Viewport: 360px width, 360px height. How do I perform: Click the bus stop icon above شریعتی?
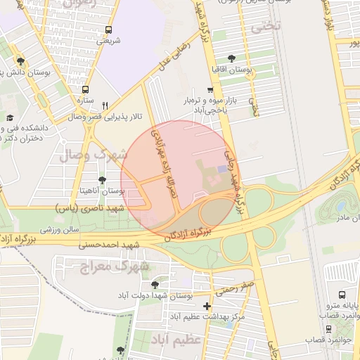click(x=108, y=30)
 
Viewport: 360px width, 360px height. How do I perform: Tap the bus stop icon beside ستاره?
click(x=86, y=90)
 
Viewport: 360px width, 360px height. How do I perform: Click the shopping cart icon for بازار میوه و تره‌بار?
click(x=210, y=90)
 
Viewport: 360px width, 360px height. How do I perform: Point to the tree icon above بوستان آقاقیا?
click(x=232, y=58)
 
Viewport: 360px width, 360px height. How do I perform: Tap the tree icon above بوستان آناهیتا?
click(x=103, y=180)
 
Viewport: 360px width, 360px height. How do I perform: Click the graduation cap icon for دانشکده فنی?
click(x=10, y=118)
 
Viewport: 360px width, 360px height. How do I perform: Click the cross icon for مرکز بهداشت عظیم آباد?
click(x=206, y=307)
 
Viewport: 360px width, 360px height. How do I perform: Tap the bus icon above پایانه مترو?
click(x=342, y=295)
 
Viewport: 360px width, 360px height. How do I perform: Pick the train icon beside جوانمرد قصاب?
click(x=328, y=328)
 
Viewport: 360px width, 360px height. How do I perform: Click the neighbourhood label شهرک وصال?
click(x=99, y=155)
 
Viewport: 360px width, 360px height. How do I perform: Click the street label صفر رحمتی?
click(x=235, y=287)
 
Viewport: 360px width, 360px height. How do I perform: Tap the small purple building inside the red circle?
click(x=222, y=169)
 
